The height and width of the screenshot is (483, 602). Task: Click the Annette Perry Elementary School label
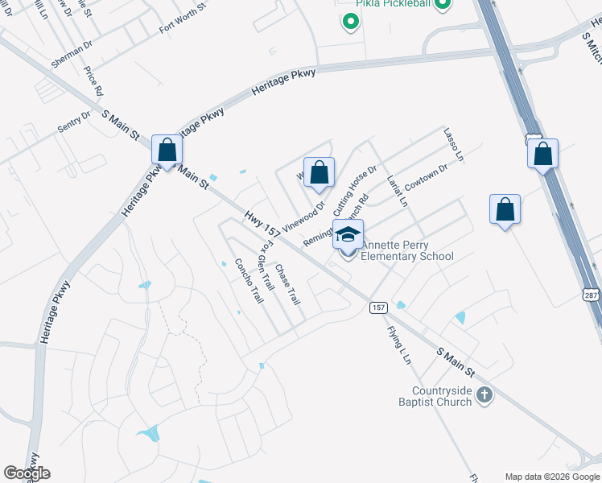(406, 250)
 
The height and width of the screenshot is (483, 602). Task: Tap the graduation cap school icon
(348, 234)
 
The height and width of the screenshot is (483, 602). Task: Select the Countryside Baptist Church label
(436, 395)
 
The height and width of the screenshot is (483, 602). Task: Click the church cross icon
(484, 394)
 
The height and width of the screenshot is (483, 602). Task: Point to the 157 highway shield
(379, 308)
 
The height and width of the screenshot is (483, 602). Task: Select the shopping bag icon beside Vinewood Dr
(320, 172)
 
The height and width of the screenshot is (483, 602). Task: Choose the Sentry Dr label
(74, 122)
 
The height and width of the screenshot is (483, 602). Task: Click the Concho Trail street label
(249, 280)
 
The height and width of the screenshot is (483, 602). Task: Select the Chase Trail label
(287, 284)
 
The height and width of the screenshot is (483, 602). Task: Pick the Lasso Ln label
(454, 145)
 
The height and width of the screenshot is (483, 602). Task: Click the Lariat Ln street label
(397, 191)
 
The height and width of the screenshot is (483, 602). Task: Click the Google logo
(27, 473)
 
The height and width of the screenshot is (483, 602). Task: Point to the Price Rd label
(94, 81)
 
